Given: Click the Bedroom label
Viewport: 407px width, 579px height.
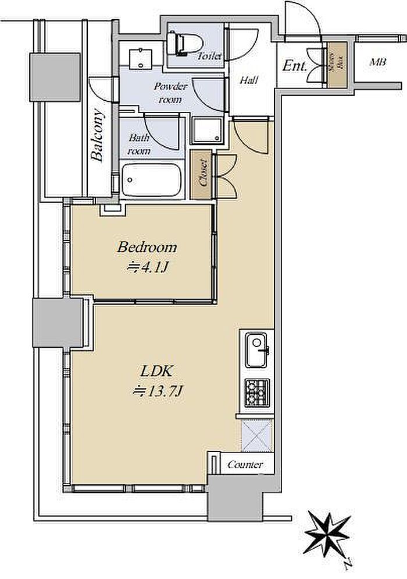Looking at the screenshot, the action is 147,247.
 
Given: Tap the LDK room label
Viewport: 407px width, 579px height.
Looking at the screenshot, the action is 156,372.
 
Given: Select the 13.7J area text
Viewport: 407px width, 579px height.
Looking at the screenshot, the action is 156,390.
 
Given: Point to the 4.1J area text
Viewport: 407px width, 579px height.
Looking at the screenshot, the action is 147,267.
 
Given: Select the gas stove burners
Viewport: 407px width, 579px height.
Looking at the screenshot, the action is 257,393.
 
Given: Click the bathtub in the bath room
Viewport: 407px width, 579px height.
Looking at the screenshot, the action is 152,181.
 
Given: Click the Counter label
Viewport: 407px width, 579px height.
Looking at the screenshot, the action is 245,464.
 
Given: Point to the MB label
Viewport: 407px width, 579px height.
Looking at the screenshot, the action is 378,62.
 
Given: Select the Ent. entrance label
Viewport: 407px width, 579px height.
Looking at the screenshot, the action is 295,66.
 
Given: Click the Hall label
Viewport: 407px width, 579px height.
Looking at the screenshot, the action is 249,80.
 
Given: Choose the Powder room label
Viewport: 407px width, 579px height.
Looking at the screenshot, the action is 171,93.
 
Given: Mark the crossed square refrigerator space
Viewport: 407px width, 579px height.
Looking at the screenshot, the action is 256,436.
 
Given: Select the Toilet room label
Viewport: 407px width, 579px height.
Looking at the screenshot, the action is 210,56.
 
